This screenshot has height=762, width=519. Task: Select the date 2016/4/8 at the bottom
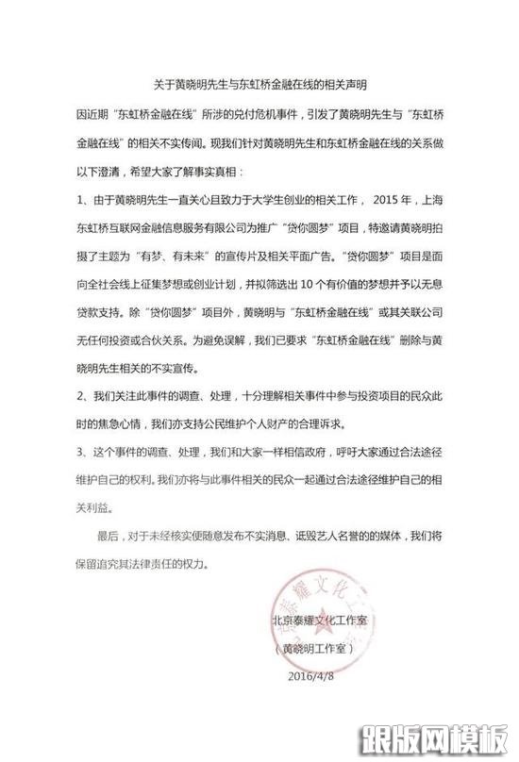click(x=312, y=675)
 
